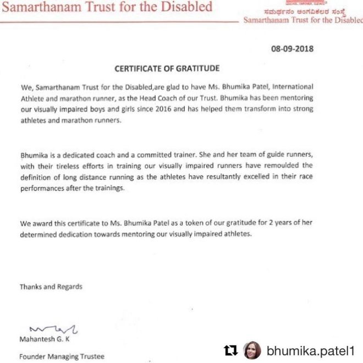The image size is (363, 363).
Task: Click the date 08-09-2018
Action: click(292, 48)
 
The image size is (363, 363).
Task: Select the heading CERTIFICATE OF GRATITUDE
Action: click(167, 69)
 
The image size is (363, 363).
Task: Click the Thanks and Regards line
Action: click(51, 287)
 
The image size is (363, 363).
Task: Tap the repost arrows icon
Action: click(230, 349)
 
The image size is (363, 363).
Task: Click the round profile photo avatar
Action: click(252, 349)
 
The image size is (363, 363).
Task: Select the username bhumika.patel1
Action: click(310, 350)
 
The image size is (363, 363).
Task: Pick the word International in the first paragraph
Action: click(294, 87)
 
